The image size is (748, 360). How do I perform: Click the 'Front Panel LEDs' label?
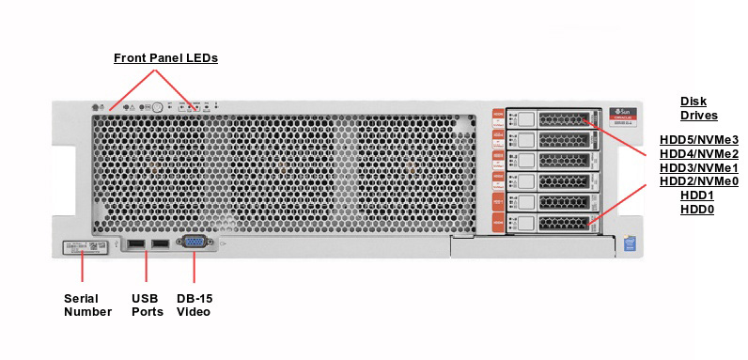[x=165, y=58]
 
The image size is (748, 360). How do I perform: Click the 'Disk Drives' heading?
[x=698, y=108]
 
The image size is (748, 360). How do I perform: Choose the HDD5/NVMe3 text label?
[x=698, y=138]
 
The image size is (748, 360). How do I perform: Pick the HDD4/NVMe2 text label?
[x=698, y=153]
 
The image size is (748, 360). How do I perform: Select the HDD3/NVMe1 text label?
[x=698, y=167]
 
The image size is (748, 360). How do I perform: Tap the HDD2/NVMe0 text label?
[x=698, y=181]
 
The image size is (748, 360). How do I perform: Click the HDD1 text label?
[x=697, y=196]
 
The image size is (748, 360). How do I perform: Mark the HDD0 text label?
[x=697, y=210]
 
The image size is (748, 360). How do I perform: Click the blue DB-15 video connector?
[x=194, y=244]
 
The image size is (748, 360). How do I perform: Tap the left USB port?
[x=135, y=245]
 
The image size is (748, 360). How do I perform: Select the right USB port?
[x=159, y=245]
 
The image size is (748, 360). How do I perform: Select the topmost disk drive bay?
[x=552, y=118]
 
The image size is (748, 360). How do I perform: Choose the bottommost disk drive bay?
[x=552, y=223]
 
